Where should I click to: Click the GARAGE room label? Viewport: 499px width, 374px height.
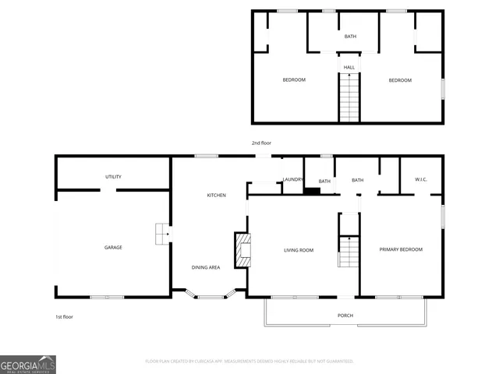point(113,248)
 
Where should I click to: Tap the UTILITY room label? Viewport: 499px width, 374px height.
point(113,177)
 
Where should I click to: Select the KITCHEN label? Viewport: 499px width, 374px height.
point(216,195)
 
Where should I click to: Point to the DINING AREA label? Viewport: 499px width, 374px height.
point(206,267)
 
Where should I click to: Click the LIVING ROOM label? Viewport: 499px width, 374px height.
point(298,250)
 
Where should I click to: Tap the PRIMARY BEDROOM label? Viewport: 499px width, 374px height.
point(401,249)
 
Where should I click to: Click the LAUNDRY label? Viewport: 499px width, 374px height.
point(293,180)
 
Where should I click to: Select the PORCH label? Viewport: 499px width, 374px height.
point(345,316)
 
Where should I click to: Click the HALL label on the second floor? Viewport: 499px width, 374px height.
point(349,68)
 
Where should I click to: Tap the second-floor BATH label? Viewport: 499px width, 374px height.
point(351,37)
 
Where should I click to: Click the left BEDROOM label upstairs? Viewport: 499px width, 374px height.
point(294,80)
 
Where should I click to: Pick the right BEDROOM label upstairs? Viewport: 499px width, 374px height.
point(400,80)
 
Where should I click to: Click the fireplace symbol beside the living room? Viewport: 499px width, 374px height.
point(243,250)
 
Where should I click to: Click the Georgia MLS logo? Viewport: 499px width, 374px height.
point(28,365)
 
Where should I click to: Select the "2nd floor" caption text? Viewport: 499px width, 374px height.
point(261,143)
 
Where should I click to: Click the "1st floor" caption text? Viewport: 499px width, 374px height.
point(65,317)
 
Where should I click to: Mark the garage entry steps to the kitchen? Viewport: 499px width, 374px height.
point(161,233)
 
